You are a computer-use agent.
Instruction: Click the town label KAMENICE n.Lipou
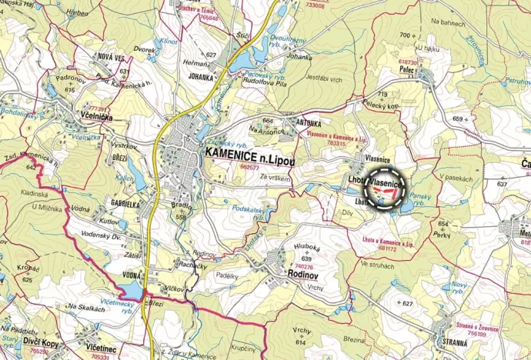tap(259, 153)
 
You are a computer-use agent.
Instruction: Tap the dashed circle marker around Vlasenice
tap(385, 186)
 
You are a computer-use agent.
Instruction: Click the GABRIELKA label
tap(124, 205)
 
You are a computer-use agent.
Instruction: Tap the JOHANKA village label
tap(200, 76)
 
